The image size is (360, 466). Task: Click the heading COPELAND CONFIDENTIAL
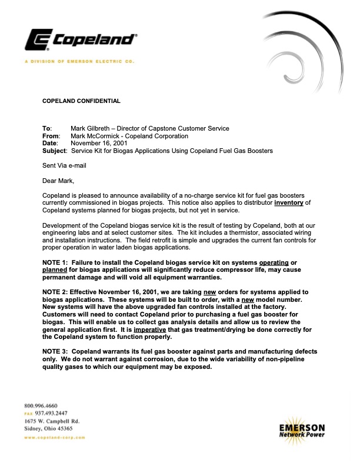point(81,101)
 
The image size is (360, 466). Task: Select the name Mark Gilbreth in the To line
point(92,128)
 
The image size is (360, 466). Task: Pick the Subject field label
point(55,151)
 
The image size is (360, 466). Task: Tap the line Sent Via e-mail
point(64,165)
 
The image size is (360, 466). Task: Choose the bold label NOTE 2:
point(56,292)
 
